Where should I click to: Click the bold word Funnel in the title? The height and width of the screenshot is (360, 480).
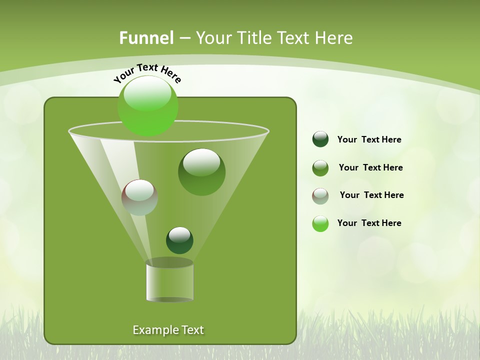pos(146,38)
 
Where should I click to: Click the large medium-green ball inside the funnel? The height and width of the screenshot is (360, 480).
pos(201,172)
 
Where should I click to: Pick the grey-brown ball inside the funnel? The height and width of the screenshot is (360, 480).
pos(139,198)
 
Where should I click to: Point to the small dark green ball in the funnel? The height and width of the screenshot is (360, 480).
pos(179,240)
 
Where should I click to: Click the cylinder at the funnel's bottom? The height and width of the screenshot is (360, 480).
pos(169,281)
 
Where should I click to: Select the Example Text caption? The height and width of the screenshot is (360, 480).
pos(168,330)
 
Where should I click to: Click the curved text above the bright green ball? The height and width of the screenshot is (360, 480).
pos(147,73)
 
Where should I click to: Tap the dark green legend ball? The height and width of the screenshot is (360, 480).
pos(320,139)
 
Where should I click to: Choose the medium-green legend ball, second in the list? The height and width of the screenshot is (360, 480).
pos(320,168)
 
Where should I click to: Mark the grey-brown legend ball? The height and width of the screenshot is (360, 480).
pos(320,196)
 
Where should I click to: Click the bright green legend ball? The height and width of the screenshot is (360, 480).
pos(320,223)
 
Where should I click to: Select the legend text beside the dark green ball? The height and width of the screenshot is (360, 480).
pos(369,140)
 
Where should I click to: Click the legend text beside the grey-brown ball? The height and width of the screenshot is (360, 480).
pos(371,195)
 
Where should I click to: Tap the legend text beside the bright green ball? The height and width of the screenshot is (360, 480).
pos(369,223)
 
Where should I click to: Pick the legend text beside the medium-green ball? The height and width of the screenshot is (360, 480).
pos(370,168)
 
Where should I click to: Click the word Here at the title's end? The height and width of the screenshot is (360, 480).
pos(335,38)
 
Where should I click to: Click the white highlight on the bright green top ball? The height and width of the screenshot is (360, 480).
pos(147,95)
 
